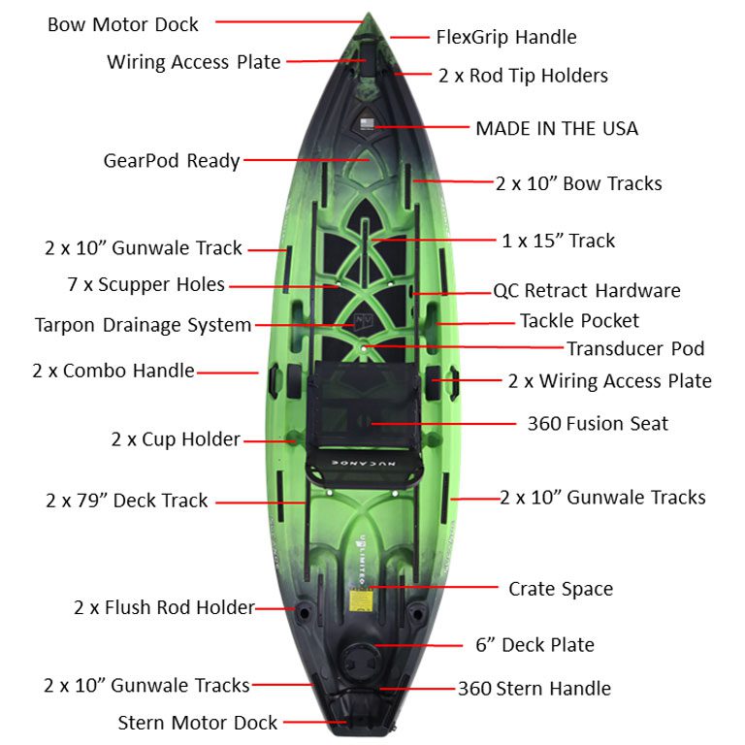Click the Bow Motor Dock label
123,24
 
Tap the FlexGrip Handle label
506,37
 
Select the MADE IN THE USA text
557,129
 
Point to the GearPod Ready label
172,161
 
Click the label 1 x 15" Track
559,241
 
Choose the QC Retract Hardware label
587,291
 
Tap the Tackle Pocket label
579,321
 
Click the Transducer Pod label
635,349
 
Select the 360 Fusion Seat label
598,423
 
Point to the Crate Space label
561,589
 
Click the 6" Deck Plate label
535,645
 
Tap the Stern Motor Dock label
198,723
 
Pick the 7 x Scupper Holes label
146,284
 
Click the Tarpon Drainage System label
143,326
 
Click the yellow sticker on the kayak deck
360,600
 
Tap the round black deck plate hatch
360,660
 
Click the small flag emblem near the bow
367,124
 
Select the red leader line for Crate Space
434,587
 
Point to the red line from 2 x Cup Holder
270,441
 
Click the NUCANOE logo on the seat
364,463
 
